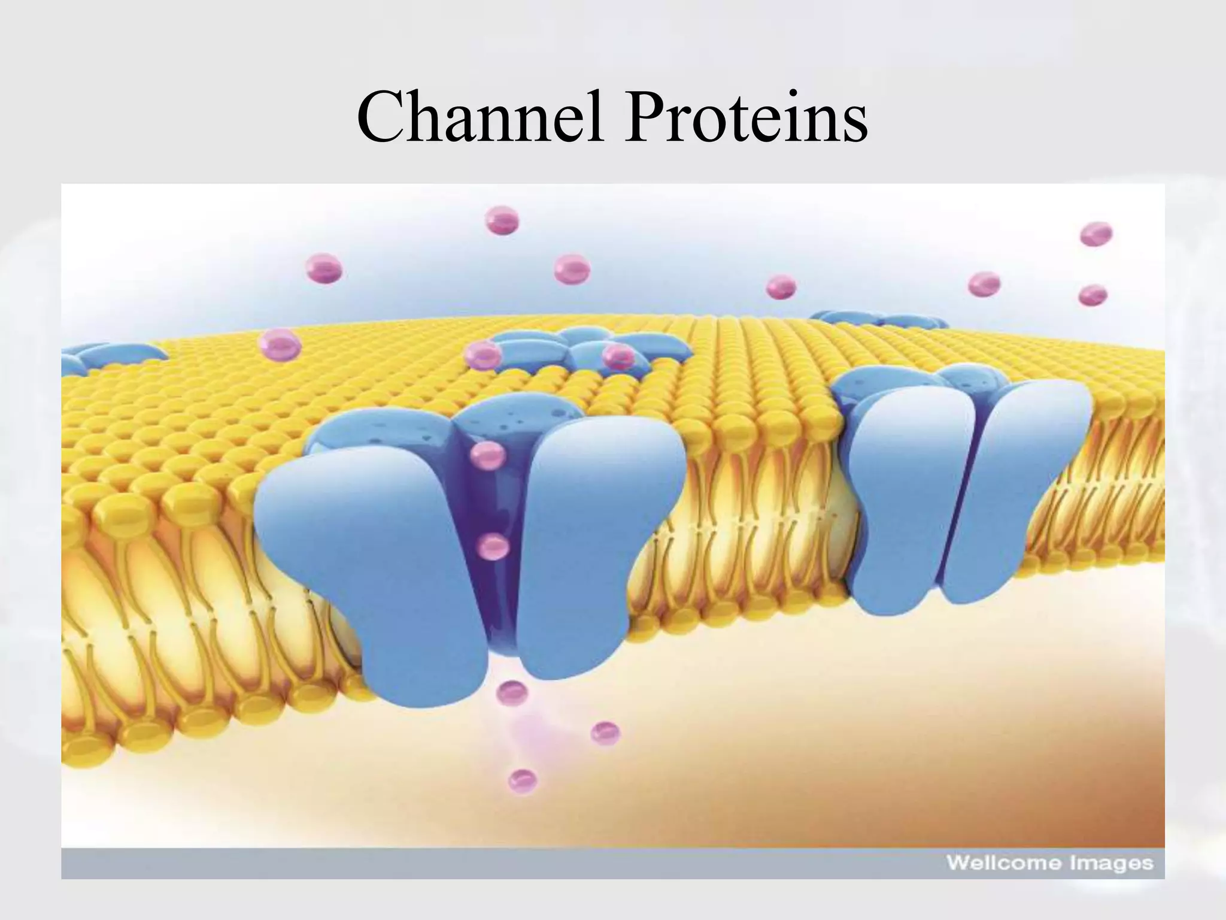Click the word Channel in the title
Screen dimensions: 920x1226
(x=479, y=118)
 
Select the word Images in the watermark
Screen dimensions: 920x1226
(x=1117, y=863)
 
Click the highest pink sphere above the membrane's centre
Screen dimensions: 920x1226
(x=502, y=220)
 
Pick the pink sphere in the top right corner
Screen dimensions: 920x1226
(x=1096, y=234)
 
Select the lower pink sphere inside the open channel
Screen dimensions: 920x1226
(x=494, y=546)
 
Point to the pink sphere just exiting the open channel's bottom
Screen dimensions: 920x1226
(x=512, y=693)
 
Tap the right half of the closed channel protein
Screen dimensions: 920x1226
(x=1012, y=491)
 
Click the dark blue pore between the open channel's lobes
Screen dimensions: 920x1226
(x=491, y=593)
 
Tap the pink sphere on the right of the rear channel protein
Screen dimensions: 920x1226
(x=618, y=357)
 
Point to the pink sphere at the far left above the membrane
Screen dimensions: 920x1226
(x=324, y=268)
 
